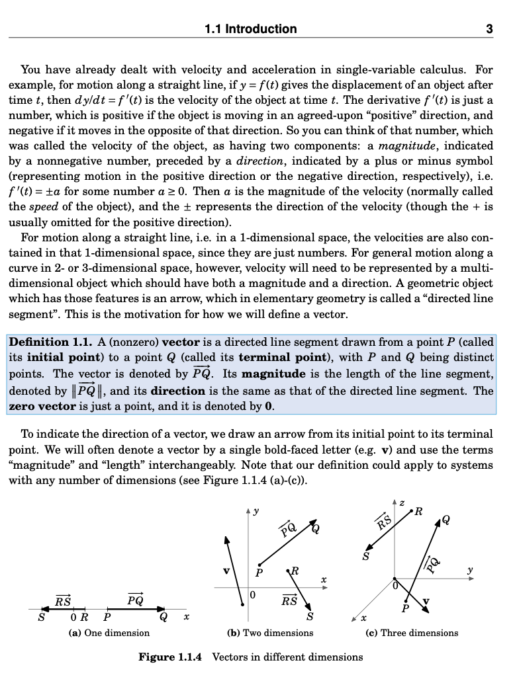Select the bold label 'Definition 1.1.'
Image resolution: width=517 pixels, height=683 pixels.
pyautogui.click(x=50, y=342)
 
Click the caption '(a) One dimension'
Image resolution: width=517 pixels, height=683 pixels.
pyautogui.click(x=109, y=633)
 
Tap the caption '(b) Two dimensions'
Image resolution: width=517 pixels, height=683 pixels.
pyautogui.click(x=270, y=633)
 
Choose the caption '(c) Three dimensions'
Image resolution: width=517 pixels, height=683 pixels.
pyautogui.click(x=412, y=633)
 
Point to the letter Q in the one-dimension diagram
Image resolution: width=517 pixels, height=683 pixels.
pyautogui.click(x=163, y=619)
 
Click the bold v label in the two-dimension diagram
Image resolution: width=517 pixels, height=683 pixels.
pyautogui.click(x=226, y=569)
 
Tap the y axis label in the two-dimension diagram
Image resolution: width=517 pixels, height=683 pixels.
pyautogui.click(x=256, y=511)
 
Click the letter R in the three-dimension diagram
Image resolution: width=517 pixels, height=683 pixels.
pyautogui.click(x=418, y=512)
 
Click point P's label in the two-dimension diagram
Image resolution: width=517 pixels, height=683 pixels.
pyautogui.click(x=259, y=573)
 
